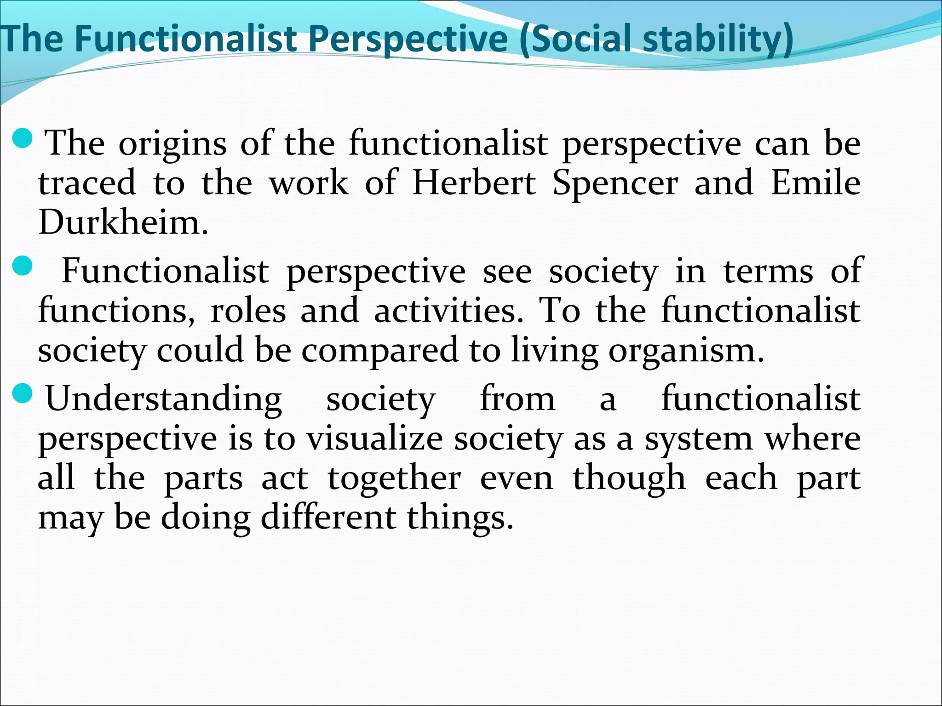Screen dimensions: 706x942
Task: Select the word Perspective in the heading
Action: coord(412,39)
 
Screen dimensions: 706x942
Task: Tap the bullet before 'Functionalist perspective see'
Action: coord(21,265)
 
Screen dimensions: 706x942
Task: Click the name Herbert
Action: coord(474,183)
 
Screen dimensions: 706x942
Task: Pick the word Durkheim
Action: coord(123,222)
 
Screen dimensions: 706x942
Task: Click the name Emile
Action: coord(815,183)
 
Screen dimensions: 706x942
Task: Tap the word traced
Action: coord(87,183)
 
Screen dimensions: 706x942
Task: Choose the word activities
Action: coord(448,311)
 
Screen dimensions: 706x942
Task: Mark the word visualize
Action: coord(375,438)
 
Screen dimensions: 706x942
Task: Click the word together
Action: coord(394,478)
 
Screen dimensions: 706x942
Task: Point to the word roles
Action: coord(248,311)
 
